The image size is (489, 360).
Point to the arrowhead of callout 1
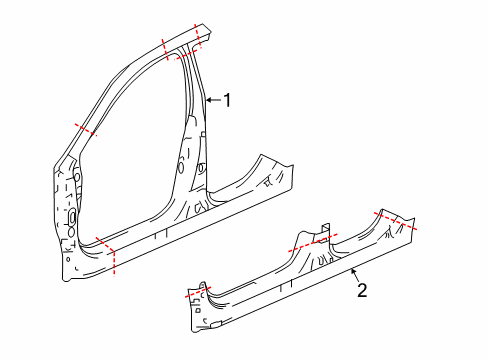point(205,100)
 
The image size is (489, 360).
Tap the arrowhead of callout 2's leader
point(349,271)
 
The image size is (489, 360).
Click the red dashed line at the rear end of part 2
point(396,220)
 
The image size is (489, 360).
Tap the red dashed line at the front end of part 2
point(200,294)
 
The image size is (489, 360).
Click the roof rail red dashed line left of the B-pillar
point(166,50)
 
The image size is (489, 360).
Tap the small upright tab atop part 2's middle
point(322,226)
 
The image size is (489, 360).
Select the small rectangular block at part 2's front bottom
point(217,324)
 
